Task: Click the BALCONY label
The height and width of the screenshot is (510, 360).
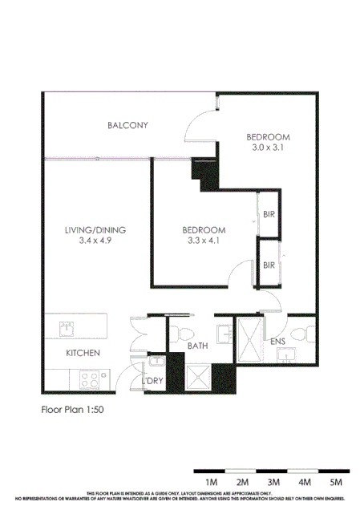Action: (x=127, y=125)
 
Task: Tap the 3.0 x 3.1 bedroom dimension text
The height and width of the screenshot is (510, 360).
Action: (x=268, y=148)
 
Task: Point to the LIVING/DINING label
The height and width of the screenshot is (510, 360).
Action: (x=96, y=229)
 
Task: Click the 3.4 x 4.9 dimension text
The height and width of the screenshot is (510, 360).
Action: (x=96, y=240)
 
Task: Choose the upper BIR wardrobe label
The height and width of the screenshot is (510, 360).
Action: (x=269, y=214)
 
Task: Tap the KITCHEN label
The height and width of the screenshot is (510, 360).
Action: (x=82, y=353)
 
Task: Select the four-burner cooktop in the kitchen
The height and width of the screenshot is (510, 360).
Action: (x=88, y=378)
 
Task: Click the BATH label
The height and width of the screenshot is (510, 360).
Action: (x=197, y=346)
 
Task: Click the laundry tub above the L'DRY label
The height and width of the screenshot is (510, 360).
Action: (x=154, y=366)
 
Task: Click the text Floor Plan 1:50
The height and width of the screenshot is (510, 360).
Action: (x=72, y=408)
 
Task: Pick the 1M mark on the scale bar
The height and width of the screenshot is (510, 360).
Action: (x=212, y=481)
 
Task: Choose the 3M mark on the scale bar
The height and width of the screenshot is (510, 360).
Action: (x=273, y=481)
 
